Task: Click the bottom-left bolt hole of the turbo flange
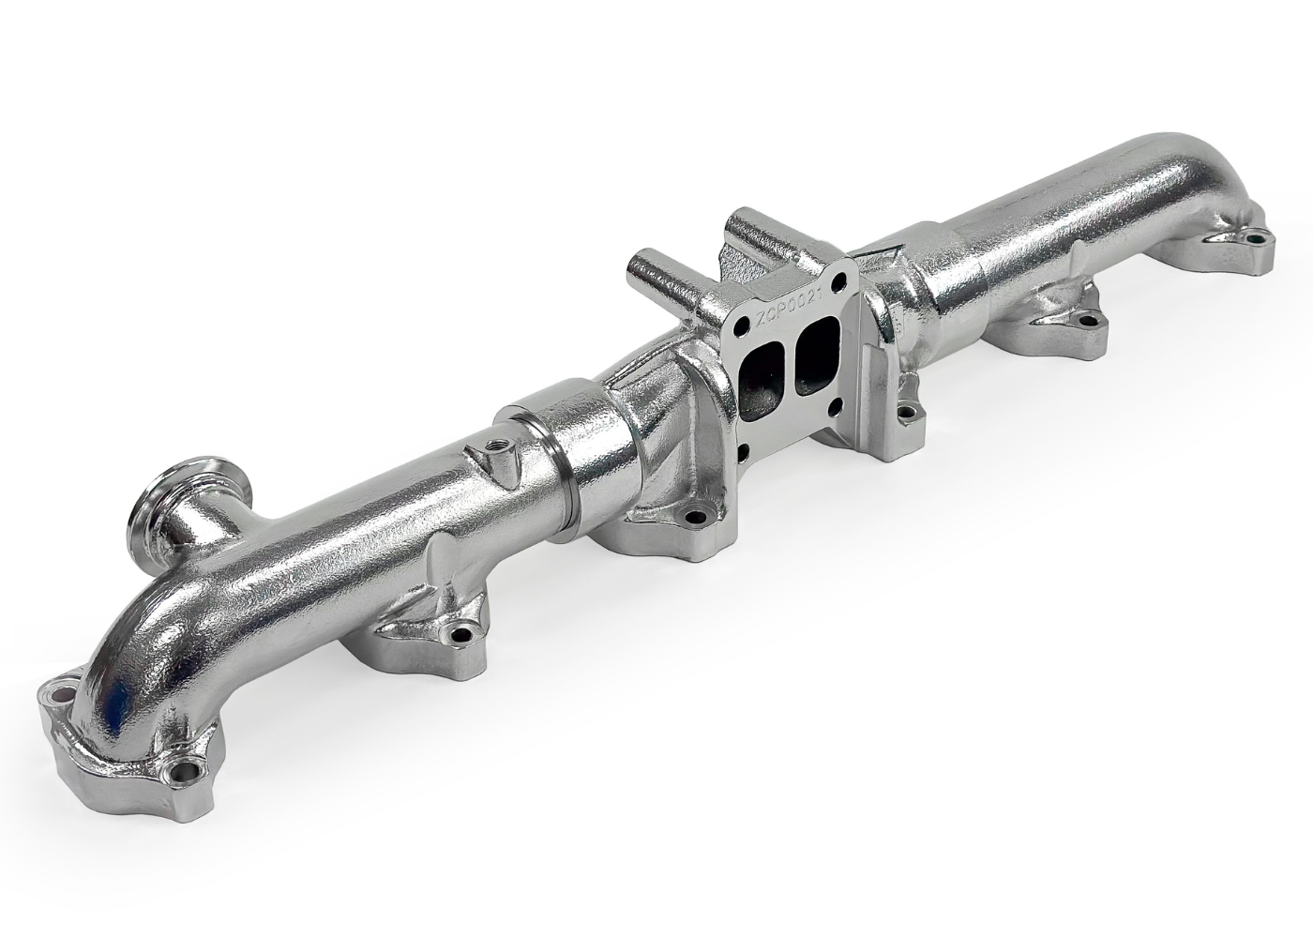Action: tap(743, 451)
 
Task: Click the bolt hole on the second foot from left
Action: tap(460, 635)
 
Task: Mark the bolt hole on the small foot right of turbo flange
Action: tap(905, 410)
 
